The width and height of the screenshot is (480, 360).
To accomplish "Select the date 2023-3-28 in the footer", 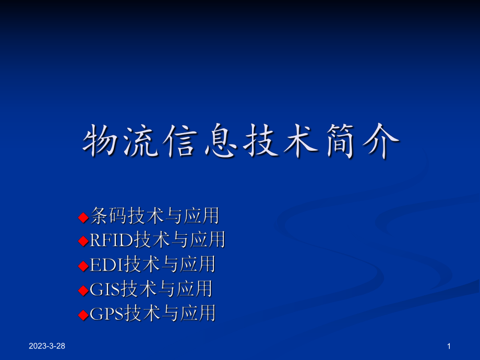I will pos(47,346).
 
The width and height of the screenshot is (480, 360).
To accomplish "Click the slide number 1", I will pos(449,346).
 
